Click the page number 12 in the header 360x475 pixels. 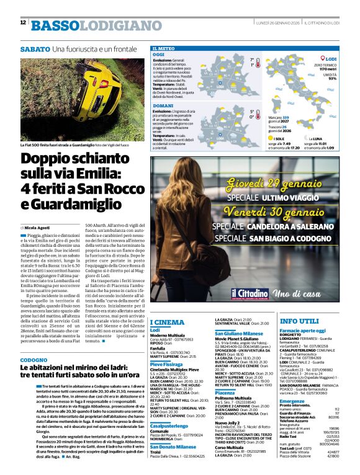click(23, 22)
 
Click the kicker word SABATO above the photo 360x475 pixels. click(35, 48)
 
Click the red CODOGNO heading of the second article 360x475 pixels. click(33, 360)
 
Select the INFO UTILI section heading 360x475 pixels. click(299, 321)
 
